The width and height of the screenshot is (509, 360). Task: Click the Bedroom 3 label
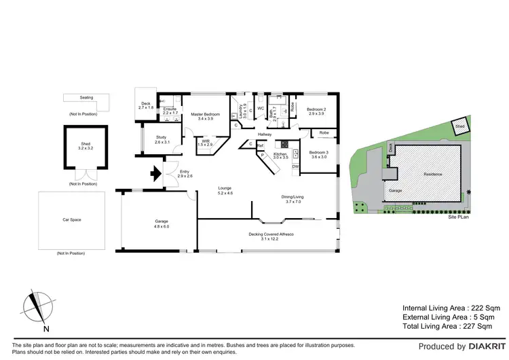point(319,154)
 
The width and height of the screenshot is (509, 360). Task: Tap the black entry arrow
point(155,174)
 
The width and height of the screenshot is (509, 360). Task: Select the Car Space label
point(71,220)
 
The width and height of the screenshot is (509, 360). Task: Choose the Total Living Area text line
point(447,327)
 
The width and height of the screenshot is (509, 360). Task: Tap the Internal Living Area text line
point(447,308)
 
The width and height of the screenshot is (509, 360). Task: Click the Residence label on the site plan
point(433,175)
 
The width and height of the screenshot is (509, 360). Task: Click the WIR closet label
point(206,143)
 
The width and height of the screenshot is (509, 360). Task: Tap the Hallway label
point(265,135)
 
